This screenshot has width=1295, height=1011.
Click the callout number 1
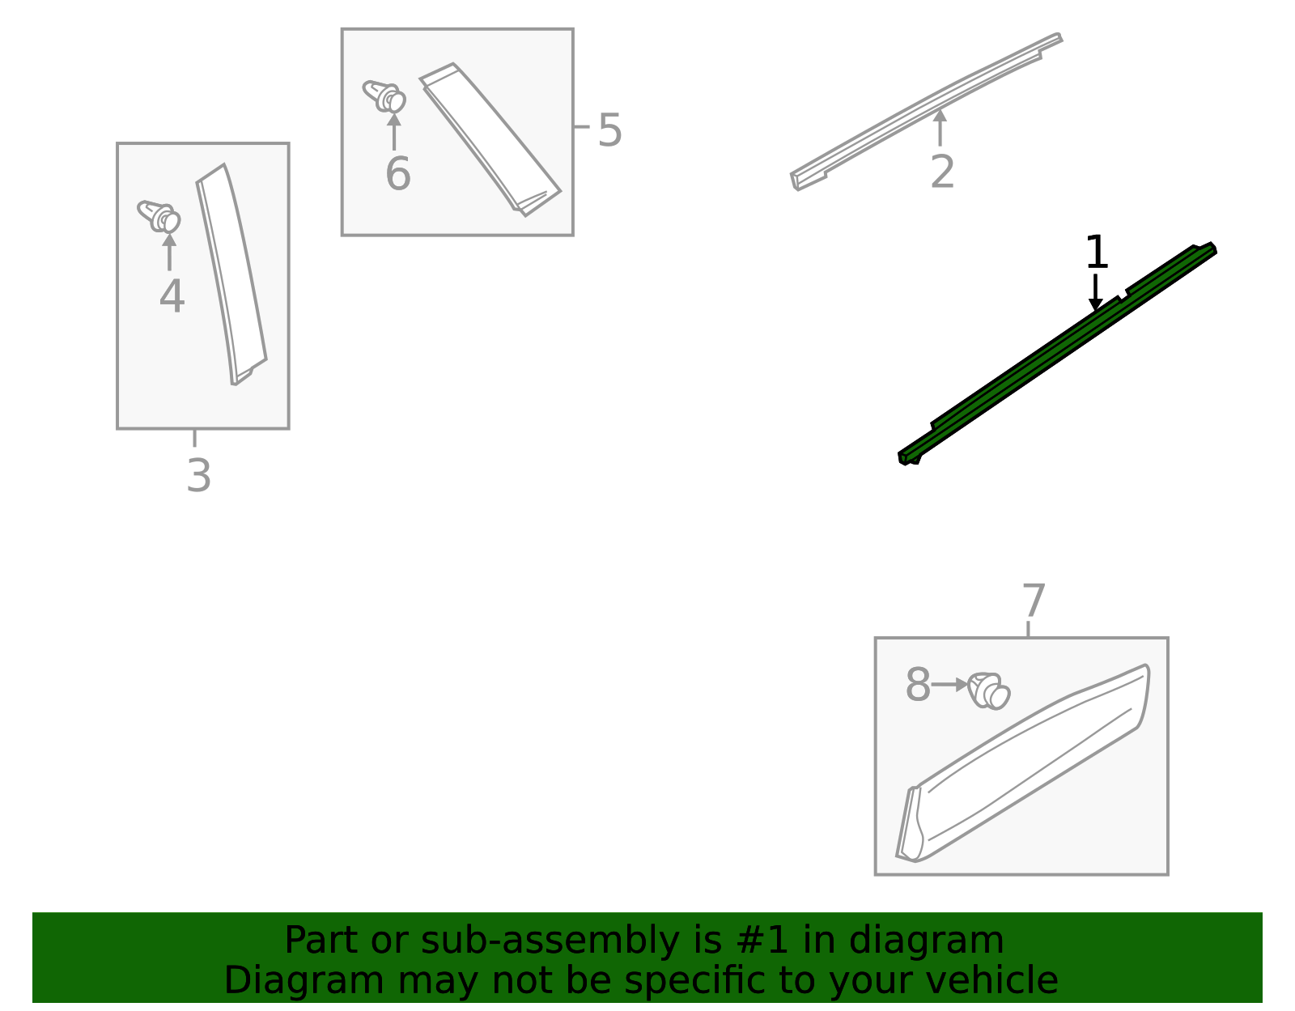(1097, 252)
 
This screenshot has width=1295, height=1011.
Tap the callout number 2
(942, 172)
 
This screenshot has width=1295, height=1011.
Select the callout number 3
(198, 476)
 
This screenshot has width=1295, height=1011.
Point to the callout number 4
(172, 296)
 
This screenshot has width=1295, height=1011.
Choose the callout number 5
(609, 130)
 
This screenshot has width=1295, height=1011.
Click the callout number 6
(398, 173)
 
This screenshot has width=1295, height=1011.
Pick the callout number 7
(1034, 601)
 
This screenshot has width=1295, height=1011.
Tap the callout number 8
(918, 685)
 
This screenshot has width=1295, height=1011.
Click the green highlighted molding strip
(1058, 354)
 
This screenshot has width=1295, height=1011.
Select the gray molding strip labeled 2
(927, 111)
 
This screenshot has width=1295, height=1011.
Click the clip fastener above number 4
(159, 216)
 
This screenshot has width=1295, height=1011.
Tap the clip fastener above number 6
(384, 96)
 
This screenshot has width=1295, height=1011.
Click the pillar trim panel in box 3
(231, 275)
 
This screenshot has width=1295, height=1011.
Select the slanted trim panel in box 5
(490, 139)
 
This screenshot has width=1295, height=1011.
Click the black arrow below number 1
(1095, 292)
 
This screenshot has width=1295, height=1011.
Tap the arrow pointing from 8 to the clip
(949, 685)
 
